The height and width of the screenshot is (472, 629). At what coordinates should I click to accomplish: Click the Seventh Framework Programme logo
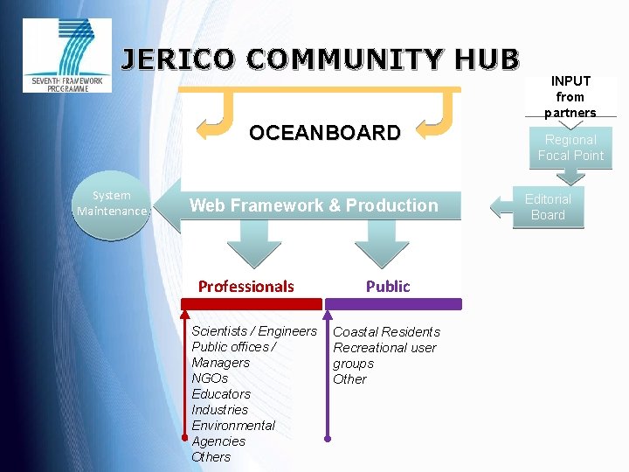coord(67,55)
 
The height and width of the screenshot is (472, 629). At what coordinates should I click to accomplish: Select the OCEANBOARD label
coord(324,133)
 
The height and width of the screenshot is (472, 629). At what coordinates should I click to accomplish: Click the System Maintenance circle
coord(111,204)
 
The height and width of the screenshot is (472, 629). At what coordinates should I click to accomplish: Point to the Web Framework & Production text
coord(314,205)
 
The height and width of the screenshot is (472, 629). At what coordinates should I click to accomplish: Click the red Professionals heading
coord(245,286)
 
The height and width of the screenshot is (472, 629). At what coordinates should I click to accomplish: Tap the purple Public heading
coord(388,286)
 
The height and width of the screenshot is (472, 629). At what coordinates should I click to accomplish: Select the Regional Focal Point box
coord(570,148)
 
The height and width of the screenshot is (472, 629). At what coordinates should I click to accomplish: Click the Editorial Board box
coord(548,207)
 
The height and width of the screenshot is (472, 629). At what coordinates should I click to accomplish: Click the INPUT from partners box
coord(570,96)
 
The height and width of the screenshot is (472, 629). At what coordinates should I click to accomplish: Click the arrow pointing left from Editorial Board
coord(504,207)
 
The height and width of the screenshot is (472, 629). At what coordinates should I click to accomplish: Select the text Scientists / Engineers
coord(253,331)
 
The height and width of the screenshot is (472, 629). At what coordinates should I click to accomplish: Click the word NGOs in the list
coord(210,378)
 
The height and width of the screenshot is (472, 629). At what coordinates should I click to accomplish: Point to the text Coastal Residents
coord(386,332)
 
